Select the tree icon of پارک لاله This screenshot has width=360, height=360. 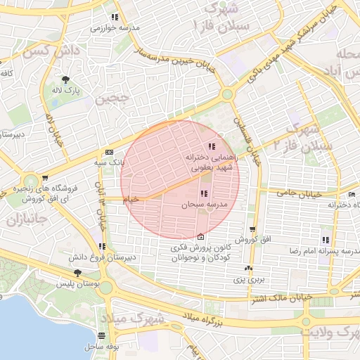65,80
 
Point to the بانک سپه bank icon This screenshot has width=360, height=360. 108,152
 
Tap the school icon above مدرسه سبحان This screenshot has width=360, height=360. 204,194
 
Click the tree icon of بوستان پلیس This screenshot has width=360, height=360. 77,273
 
